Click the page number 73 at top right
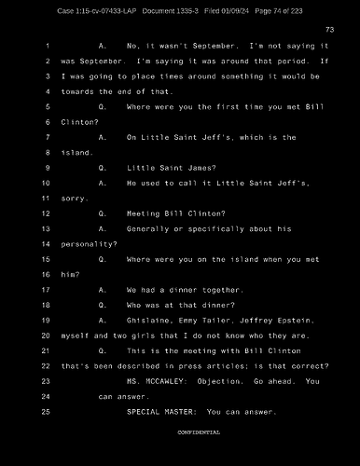329,30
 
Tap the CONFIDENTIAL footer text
198,432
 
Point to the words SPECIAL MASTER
161,411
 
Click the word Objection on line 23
224,380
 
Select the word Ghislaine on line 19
149,320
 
